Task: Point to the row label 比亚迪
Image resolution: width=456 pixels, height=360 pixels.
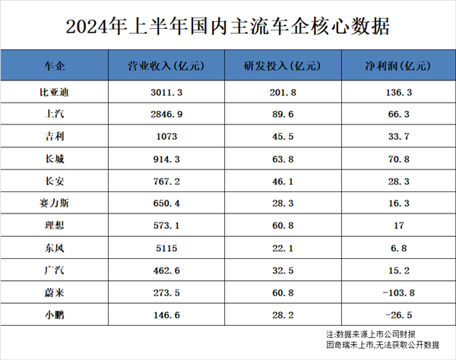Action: (x=59, y=92)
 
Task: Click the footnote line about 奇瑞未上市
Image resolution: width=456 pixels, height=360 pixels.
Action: (x=382, y=345)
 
